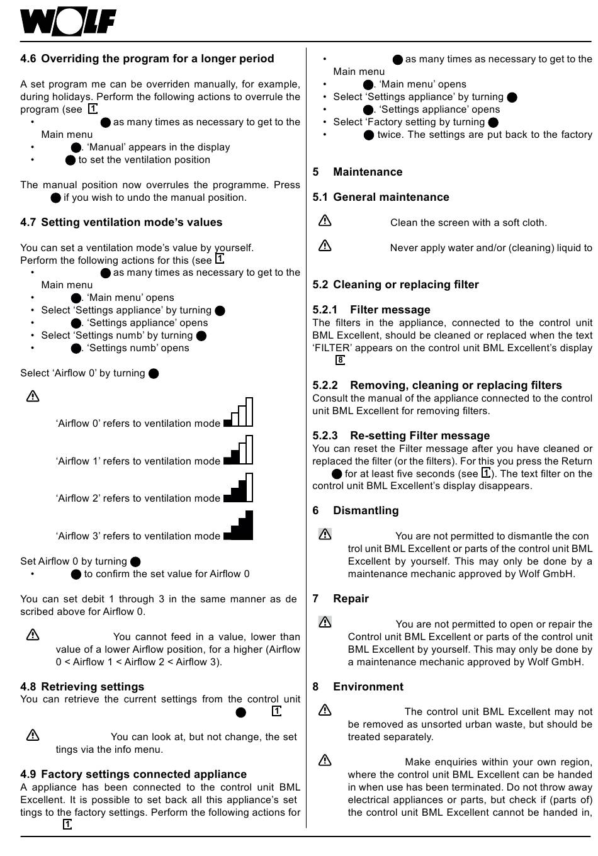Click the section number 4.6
[28, 59]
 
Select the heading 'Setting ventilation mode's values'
[132, 222]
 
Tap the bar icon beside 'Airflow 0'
[239, 412]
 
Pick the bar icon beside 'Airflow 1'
[239, 449]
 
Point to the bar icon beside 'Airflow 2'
[239, 487]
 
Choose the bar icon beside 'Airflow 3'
[239, 525]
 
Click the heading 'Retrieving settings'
[93, 687]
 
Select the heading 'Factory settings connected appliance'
[144, 774]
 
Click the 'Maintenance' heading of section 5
[368, 172]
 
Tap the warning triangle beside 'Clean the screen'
[325, 221]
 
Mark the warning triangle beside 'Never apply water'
[325, 246]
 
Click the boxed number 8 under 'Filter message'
[340, 360]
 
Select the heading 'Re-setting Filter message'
[420, 436]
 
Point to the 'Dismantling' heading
[366, 510]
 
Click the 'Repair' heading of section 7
[351, 599]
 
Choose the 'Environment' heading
[368, 687]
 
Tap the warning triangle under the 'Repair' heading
[325, 622]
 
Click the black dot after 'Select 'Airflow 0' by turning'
[154, 374]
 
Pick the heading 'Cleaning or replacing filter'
[406, 284]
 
